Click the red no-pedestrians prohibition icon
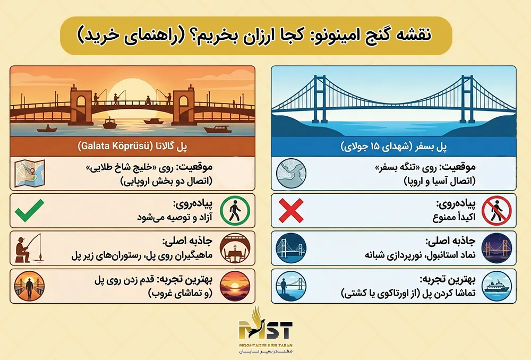(x=497, y=211)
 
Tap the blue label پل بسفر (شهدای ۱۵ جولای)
(x=393, y=146)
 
